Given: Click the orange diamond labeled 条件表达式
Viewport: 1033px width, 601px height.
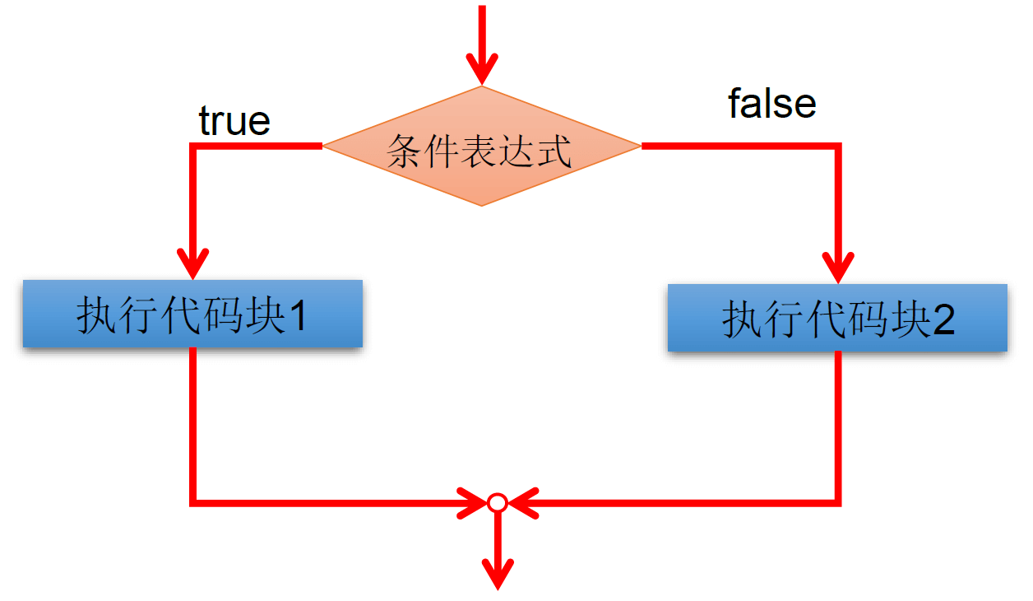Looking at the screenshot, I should [x=481, y=147].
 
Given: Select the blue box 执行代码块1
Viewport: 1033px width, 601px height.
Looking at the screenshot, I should [x=192, y=314].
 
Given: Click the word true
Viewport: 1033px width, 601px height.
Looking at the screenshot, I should [x=234, y=121].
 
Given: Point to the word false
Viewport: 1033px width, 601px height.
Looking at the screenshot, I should [x=772, y=104].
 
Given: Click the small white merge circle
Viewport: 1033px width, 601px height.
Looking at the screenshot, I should [x=497, y=502].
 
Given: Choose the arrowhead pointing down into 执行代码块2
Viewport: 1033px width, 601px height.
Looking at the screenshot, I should [x=838, y=267].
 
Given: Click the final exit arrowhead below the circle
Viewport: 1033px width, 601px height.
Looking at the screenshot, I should [x=497, y=572].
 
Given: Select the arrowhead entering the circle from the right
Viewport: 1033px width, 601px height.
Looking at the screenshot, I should [x=522, y=502].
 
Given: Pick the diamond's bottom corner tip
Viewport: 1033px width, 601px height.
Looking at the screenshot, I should [x=481, y=204].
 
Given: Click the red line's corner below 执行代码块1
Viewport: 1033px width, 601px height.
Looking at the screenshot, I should [x=192, y=501].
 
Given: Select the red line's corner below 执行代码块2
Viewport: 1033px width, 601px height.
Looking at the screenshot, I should [x=838, y=501].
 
